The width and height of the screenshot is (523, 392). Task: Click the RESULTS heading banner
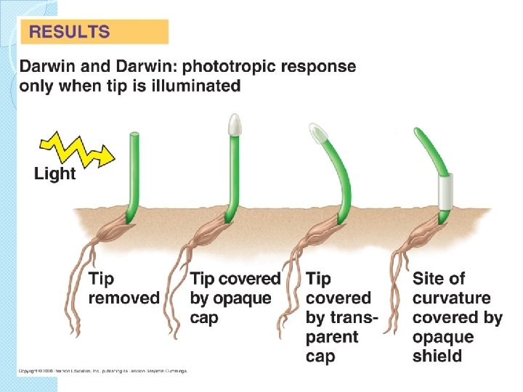pyautogui.click(x=94, y=32)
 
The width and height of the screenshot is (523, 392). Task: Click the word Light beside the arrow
pyautogui.click(x=54, y=174)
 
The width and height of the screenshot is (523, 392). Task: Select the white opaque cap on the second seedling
pyautogui.click(x=234, y=125)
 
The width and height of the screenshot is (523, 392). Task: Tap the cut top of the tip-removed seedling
pyautogui.click(x=134, y=134)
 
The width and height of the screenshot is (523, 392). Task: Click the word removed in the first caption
pyautogui.click(x=123, y=298)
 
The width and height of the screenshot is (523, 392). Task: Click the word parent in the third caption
pyautogui.click(x=332, y=337)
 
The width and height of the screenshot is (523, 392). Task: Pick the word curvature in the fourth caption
pyautogui.click(x=451, y=298)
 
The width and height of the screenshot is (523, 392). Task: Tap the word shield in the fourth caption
pyautogui.click(x=437, y=356)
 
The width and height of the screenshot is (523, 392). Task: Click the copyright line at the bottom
pyautogui.click(x=102, y=371)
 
